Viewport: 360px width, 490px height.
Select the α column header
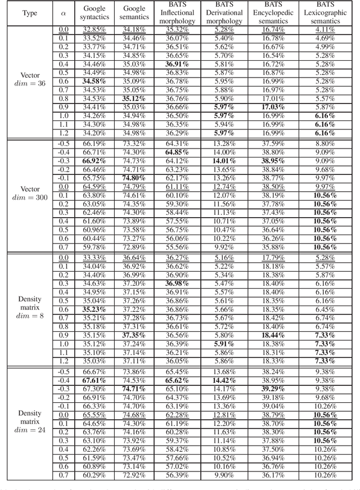(x=63, y=12)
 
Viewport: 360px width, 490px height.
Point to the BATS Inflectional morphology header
(x=177, y=12)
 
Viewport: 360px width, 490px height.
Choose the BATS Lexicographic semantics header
(x=326, y=12)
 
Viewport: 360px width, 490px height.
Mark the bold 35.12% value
(x=134, y=98)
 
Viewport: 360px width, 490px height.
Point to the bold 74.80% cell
(x=134, y=177)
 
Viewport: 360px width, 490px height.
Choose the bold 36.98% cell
(x=177, y=284)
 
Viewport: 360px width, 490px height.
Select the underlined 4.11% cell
(x=326, y=30)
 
